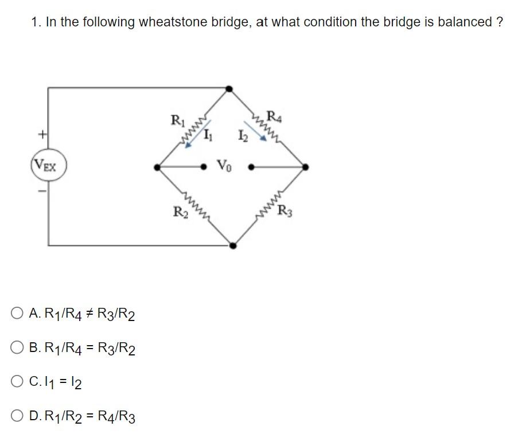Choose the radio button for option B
pyautogui.click(x=17, y=347)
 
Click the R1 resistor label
pyautogui.click(x=177, y=121)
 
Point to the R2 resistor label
pyautogui.click(x=180, y=212)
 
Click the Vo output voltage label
pyautogui.click(x=224, y=166)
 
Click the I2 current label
pyautogui.click(x=242, y=136)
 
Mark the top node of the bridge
pyautogui.click(x=229, y=89)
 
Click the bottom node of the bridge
pyautogui.click(x=232, y=245)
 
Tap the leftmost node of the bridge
pyautogui.click(x=157, y=167)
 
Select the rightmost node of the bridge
pyautogui.click(x=305, y=167)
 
